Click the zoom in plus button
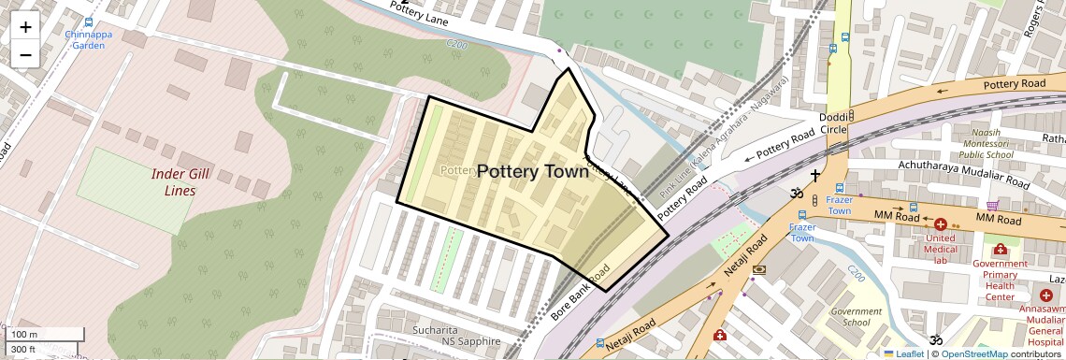(25, 27)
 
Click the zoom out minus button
(25, 54)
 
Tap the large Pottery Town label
(533, 171)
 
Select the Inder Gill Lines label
(174, 182)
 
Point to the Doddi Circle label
(833, 122)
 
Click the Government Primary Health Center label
(1000, 280)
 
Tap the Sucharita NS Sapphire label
(457, 336)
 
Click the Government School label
(857, 317)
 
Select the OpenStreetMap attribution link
(973, 353)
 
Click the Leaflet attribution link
(903, 353)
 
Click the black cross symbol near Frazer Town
(815, 175)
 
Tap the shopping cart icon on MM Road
(992, 205)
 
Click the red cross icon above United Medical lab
(941, 224)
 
